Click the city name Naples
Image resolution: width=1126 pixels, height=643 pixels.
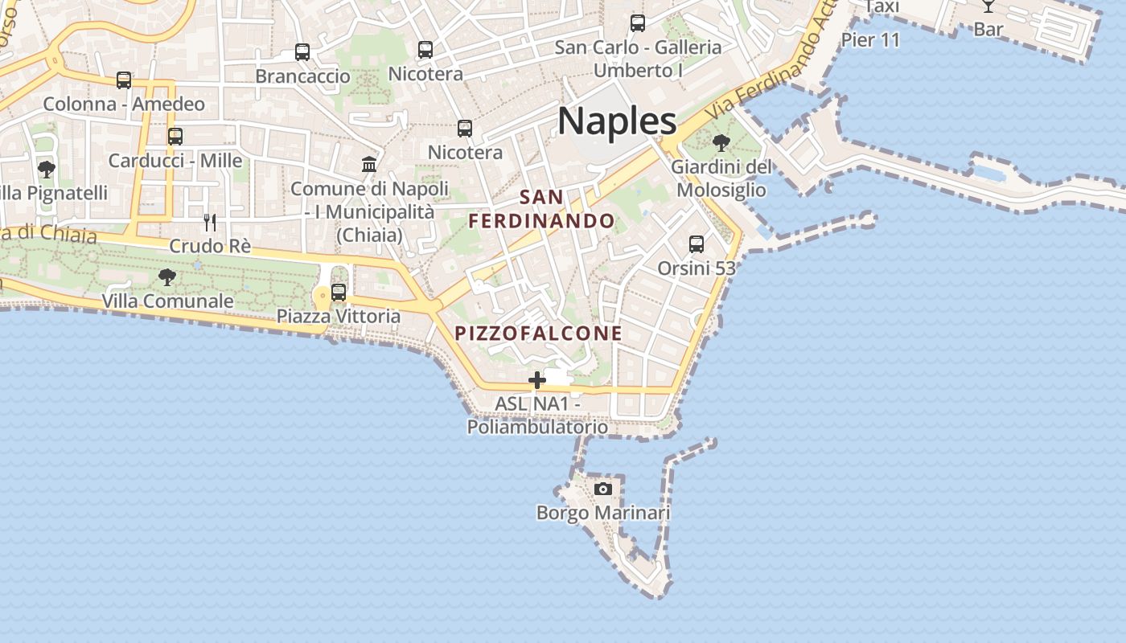[617, 121]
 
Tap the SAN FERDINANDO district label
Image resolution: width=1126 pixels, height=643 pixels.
[542, 208]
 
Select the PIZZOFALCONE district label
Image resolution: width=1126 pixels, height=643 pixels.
[539, 333]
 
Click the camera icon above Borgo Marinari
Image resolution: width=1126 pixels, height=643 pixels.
[602, 489]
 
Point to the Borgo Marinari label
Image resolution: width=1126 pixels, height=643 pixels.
[603, 513]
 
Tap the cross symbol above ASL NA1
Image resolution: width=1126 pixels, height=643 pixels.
[537, 379]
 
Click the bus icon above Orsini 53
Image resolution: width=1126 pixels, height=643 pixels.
[697, 244]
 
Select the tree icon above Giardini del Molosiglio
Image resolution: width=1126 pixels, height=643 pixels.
[721, 143]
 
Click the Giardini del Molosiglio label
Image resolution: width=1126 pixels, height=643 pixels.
[721, 178]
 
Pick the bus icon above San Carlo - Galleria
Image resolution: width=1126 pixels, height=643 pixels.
[638, 23]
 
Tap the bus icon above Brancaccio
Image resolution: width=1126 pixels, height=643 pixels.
[302, 52]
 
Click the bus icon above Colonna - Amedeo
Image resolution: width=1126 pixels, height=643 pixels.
[124, 80]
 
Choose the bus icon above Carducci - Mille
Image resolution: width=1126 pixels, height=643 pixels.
[175, 137]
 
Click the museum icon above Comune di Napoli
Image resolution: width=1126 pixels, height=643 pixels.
[369, 165]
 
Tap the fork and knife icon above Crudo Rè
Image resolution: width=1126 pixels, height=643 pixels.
[210, 222]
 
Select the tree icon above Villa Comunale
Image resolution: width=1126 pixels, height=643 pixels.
[167, 277]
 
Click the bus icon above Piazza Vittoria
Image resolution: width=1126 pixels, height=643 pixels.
[339, 292]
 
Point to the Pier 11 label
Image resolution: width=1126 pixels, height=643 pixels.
[870, 39]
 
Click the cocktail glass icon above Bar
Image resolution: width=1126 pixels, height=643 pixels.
[988, 6]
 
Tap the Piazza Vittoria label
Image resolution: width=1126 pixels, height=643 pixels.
[339, 316]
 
